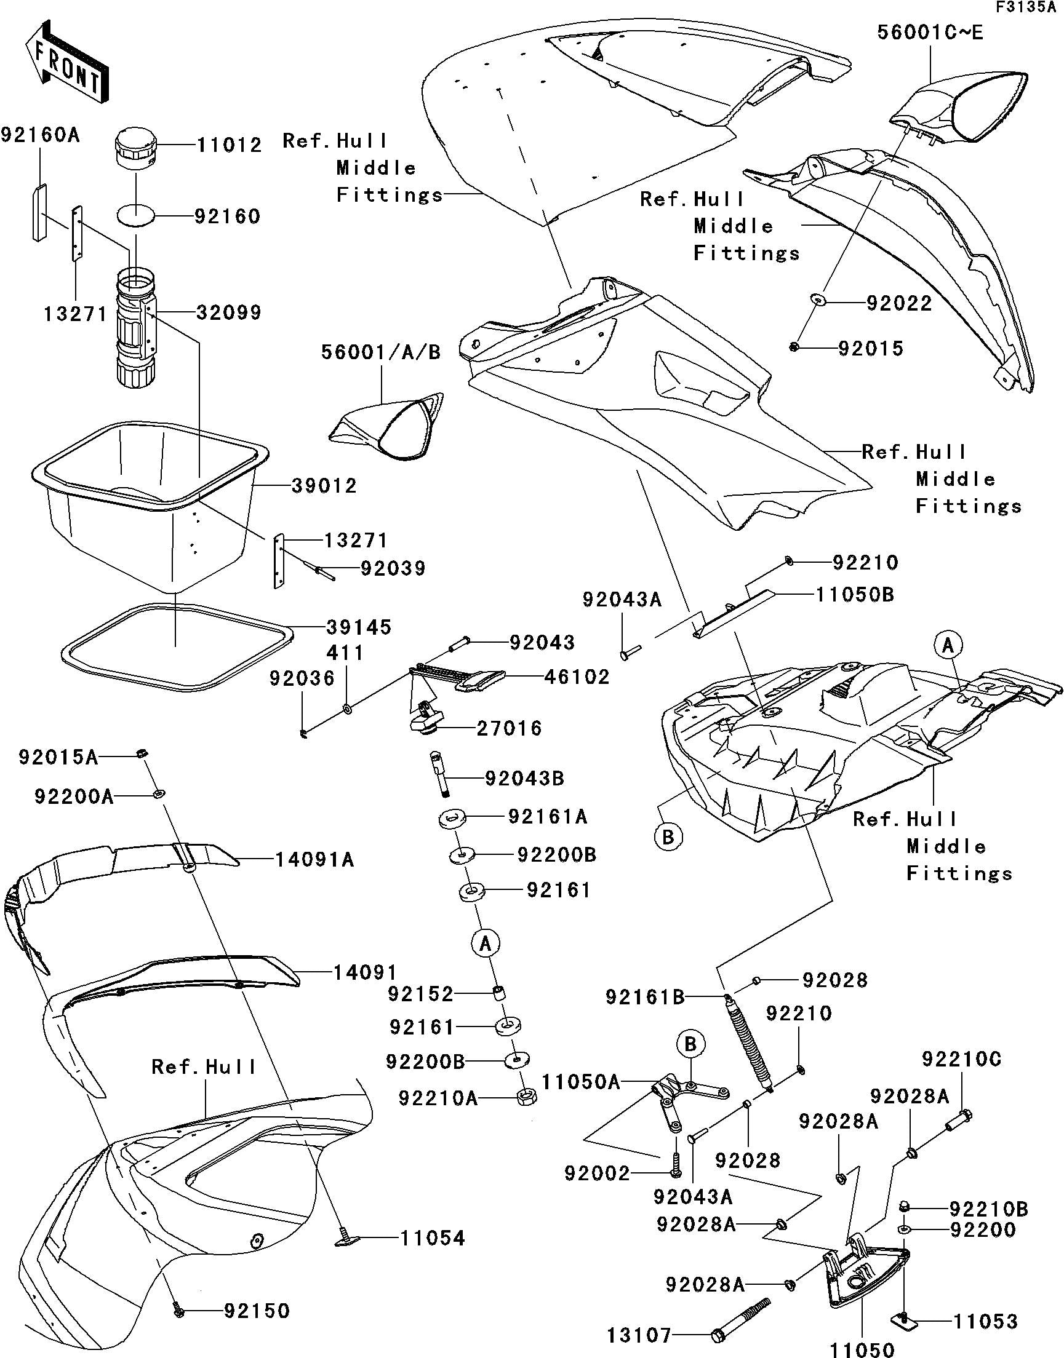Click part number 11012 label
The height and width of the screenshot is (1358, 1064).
(x=230, y=146)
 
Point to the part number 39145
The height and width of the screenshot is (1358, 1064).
(x=358, y=627)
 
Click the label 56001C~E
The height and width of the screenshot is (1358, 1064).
(x=930, y=33)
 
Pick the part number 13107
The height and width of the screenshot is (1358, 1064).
(x=639, y=1335)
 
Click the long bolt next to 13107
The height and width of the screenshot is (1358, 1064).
(x=742, y=1319)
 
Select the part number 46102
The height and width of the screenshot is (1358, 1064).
(x=577, y=677)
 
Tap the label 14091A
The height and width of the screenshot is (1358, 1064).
(x=314, y=860)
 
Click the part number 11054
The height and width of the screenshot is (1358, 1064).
(x=433, y=1239)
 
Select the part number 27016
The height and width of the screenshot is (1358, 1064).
(x=509, y=728)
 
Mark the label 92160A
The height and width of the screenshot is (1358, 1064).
(x=41, y=135)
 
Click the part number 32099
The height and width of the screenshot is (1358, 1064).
(x=229, y=312)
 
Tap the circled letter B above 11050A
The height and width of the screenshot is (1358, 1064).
(x=690, y=1044)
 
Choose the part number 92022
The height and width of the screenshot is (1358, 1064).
(x=899, y=304)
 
